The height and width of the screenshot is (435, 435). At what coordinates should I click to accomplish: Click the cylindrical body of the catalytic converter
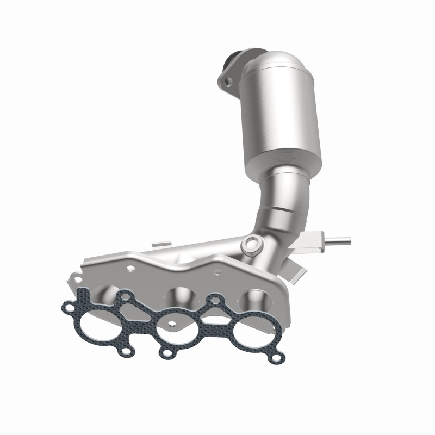point(283,114)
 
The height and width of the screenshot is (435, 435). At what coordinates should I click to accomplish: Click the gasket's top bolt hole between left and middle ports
point(126,296)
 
